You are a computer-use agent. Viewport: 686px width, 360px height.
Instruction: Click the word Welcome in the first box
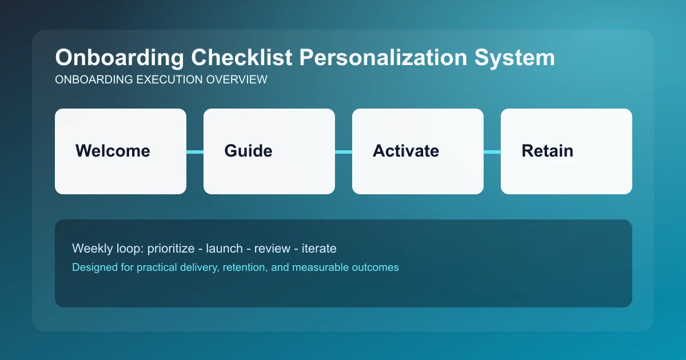tap(113, 151)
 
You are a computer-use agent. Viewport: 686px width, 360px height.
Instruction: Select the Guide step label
tap(248, 151)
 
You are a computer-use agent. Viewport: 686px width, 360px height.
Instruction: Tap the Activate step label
tap(406, 151)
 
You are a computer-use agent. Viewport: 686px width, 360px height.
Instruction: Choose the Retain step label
tap(547, 151)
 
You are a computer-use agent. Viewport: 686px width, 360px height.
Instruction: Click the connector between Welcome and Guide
tap(195, 151)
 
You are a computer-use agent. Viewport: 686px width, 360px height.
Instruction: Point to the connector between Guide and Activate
tap(344, 151)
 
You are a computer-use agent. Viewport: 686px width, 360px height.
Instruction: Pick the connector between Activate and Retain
tap(492, 151)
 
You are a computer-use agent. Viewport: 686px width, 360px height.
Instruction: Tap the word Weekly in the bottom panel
tap(90, 249)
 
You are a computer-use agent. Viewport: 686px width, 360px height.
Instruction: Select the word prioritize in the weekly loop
tap(173, 249)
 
